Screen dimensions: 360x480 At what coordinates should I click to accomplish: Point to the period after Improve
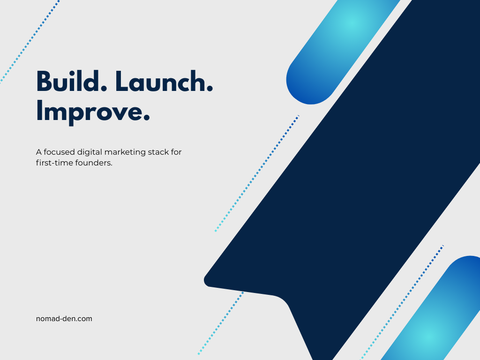click(146, 119)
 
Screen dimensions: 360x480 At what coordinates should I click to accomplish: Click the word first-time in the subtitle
click(52, 164)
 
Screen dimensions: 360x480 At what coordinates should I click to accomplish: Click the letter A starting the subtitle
click(38, 152)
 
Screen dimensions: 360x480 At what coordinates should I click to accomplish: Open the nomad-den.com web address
click(64, 319)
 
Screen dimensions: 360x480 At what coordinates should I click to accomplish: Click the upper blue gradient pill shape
click(337, 47)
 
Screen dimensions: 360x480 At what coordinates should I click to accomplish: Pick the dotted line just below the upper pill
click(257, 173)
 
